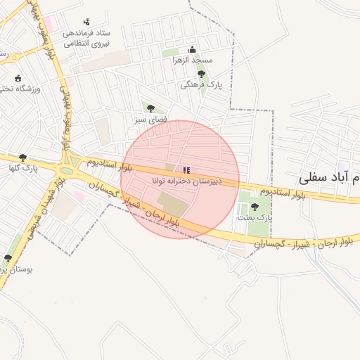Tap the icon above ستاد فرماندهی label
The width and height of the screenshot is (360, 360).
tap(86, 22)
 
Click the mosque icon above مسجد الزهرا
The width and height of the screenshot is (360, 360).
tap(192, 49)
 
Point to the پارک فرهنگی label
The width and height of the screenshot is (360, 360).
tap(200, 84)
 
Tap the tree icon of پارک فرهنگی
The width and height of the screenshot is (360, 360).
tap(201, 74)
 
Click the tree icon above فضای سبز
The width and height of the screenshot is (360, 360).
tap(150, 108)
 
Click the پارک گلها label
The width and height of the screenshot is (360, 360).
tap(23, 168)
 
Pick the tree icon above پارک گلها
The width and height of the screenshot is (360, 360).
tap(23, 157)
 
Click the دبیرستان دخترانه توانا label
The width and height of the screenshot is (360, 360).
tap(186, 181)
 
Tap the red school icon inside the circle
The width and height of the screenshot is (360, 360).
tap(186, 169)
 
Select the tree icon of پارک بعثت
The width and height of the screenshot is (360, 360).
tap(255, 207)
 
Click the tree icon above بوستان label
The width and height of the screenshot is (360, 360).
tap(8, 258)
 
